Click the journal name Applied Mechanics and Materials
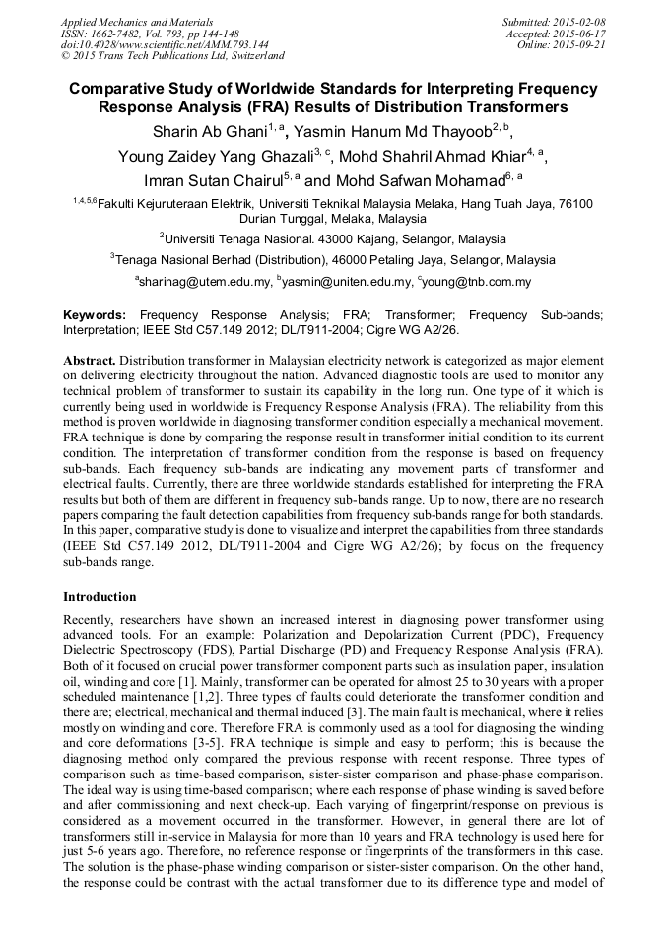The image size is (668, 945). pos(136,21)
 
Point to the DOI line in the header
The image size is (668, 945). pos(165,44)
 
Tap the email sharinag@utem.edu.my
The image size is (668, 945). pos(204,282)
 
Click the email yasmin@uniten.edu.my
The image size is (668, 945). pos(346,282)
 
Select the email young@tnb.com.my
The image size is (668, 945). pos(478,282)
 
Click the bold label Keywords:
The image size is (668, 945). pos(95,314)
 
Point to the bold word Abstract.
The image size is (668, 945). pos(90,361)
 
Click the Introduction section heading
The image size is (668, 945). pos(100,597)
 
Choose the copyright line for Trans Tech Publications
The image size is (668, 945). pos(172,56)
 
